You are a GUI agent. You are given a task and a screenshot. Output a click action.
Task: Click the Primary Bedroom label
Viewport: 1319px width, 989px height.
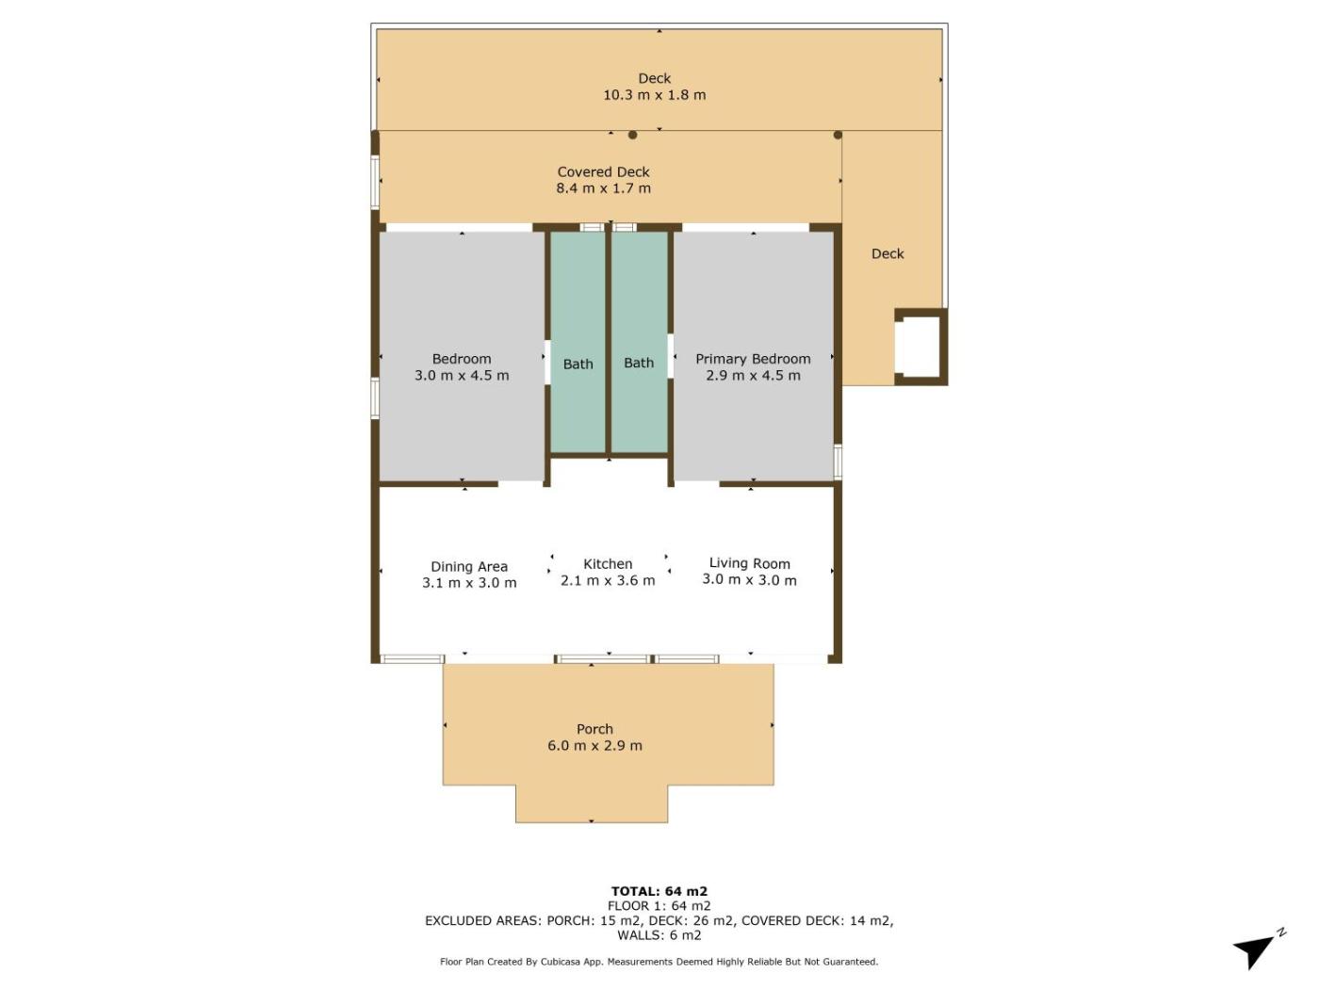pyautogui.click(x=753, y=359)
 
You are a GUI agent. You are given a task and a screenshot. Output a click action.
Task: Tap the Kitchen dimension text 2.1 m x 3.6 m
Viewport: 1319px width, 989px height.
pyautogui.click(x=608, y=580)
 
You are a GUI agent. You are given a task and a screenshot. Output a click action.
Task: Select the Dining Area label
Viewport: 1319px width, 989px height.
pyautogui.click(x=469, y=566)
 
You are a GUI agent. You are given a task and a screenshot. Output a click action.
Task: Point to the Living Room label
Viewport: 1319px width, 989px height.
pyautogui.click(x=749, y=563)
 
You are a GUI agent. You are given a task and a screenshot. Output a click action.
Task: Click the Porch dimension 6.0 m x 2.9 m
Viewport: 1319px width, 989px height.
pyautogui.click(x=594, y=746)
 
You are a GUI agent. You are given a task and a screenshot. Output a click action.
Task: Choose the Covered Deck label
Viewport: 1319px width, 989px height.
pyautogui.click(x=603, y=171)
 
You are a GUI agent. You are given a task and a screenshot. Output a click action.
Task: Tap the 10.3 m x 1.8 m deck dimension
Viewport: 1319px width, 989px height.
pyautogui.click(x=655, y=95)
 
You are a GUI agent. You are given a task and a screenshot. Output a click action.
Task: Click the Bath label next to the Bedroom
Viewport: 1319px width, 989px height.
pyautogui.click(x=578, y=364)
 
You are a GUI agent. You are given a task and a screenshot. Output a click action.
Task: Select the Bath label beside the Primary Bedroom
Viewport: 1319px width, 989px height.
pyautogui.click(x=639, y=363)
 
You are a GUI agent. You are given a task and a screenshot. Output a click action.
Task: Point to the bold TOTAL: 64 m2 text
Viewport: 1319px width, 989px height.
pyautogui.click(x=659, y=891)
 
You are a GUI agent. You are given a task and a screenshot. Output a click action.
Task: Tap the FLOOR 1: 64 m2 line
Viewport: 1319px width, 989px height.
pyautogui.click(x=659, y=905)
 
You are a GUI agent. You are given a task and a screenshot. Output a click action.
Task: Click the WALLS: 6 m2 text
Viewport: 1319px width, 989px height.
pyautogui.click(x=659, y=935)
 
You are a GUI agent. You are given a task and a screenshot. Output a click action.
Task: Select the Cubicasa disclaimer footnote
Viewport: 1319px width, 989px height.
pyautogui.click(x=659, y=962)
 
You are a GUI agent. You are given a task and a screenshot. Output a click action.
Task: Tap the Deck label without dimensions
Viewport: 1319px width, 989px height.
pyautogui.click(x=887, y=253)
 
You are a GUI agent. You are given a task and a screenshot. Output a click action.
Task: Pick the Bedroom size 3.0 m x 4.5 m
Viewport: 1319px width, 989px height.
pyautogui.click(x=462, y=375)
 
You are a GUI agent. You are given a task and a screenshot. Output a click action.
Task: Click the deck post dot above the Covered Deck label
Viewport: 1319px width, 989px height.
pyautogui.click(x=632, y=135)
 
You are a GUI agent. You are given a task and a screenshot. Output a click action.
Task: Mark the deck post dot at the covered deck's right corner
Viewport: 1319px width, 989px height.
pyautogui.click(x=838, y=135)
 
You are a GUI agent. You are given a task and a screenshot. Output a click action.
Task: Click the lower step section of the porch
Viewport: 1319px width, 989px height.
pyautogui.click(x=592, y=803)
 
